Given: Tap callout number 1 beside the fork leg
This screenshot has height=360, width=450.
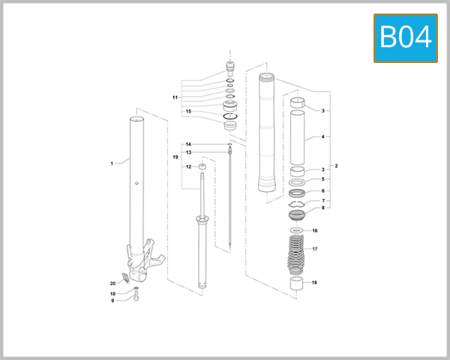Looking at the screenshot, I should click(x=111, y=163).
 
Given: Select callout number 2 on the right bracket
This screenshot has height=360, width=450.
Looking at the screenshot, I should click(x=336, y=165).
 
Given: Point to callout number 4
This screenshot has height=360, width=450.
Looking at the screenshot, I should click(x=322, y=137).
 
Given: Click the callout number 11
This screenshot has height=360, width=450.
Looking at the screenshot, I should click(x=175, y=97).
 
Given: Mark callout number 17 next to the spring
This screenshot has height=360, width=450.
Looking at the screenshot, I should click(x=315, y=249).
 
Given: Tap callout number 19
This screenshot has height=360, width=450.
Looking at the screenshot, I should click(x=175, y=157).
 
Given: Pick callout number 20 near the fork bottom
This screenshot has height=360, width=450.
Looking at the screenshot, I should click(x=113, y=283).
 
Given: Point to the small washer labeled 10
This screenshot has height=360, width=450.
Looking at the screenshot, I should click(x=136, y=289).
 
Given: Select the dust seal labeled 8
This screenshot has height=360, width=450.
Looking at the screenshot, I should click(x=298, y=217).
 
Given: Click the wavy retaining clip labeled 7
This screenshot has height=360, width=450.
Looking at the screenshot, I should click(x=298, y=202).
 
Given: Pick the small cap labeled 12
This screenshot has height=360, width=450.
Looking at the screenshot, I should click(x=202, y=166).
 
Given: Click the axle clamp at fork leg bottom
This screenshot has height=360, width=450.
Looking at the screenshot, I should click(x=148, y=255).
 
